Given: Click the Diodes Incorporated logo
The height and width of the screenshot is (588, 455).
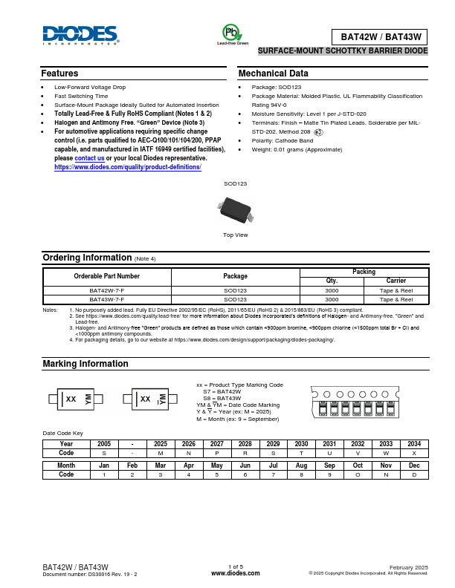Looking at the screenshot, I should click(80, 35).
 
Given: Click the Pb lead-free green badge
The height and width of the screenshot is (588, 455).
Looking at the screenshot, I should click(232, 33).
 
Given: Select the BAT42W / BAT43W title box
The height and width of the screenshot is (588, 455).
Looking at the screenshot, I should click(380, 36).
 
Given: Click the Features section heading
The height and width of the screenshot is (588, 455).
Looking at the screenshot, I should click(59, 73).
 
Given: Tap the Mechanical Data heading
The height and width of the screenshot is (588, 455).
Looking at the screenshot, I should click(273, 73).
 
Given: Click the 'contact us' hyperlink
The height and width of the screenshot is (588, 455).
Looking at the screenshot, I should click(90, 158).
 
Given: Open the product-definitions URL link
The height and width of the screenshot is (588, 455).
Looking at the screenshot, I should click(128, 167).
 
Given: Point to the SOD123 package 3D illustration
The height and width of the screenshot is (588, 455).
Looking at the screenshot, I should click(236, 208).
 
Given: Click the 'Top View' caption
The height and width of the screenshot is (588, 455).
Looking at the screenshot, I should click(236, 235).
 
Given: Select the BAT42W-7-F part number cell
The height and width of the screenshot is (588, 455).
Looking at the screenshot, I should click(107, 290).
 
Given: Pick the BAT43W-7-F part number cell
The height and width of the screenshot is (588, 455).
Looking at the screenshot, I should click(107, 298).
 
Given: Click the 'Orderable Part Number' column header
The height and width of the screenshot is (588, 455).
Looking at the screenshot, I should click(107, 276).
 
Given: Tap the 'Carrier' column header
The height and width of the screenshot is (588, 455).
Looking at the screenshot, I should click(396, 281).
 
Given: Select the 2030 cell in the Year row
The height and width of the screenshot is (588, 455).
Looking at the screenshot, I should click(301, 443).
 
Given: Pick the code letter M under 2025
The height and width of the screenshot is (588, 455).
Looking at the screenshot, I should click(161, 452).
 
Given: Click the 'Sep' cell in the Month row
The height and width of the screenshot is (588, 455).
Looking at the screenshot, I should click(329, 465).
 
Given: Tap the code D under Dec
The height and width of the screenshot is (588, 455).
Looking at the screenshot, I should click(414, 474).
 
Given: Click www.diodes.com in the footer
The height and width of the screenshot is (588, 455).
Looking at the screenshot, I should click(236, 573).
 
